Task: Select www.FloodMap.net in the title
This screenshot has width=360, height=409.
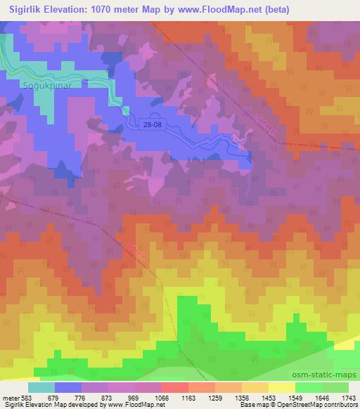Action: click(214, 9)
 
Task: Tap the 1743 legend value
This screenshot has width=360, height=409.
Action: click(346, 399)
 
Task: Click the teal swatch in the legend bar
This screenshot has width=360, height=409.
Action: click(41, 387)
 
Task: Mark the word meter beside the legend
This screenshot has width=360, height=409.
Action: click(9, 399)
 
